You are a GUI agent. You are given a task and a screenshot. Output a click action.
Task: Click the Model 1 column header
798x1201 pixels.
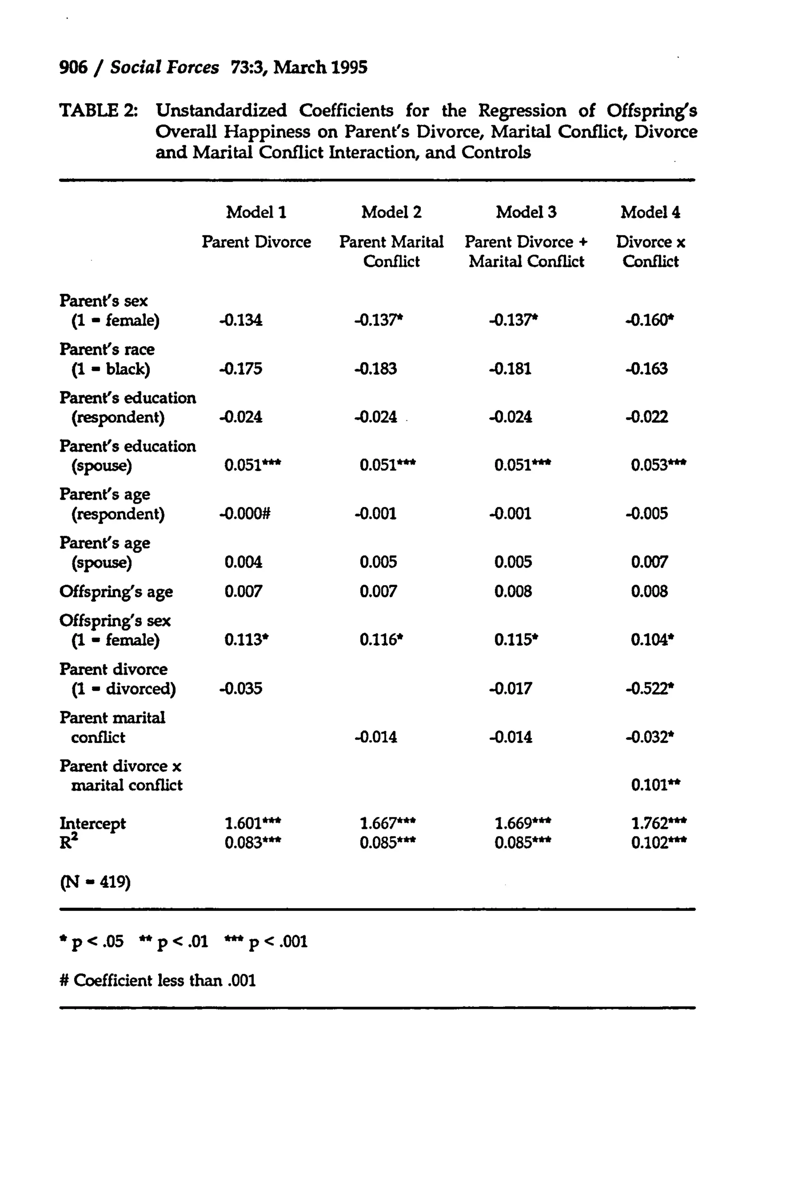click(x=256, y=212)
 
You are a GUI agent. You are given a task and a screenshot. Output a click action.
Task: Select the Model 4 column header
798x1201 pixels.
click(x=650, y=212)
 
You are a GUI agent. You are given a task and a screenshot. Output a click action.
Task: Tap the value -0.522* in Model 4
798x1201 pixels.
click(x=650, y=689)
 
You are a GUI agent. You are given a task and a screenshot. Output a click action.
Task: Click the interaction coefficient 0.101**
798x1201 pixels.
click(x=655, y=785)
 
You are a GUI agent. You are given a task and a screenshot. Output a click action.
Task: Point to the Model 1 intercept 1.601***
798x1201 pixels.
click(x=252, y=823)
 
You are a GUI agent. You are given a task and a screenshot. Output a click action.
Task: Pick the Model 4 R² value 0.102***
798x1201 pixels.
click(x=658, y=843)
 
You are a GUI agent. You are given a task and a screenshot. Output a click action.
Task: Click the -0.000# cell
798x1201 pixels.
click(x=245, y=514)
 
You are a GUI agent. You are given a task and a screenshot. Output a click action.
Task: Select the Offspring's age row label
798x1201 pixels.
click(x=116, y=592)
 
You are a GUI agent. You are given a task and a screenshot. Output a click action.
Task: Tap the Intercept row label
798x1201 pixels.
click(x=93, y=824)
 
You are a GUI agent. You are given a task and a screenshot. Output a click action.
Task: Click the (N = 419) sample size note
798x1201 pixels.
click(x=95, y=882)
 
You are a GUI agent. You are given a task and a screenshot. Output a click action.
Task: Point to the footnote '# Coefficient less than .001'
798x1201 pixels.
click(x=157, y=980)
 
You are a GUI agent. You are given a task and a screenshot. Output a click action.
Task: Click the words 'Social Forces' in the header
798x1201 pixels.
click(x=164, y=68)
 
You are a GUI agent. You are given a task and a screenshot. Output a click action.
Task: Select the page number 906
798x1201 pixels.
click(x=73, y=68)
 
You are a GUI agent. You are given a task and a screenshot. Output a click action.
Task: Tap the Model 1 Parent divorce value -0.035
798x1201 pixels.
click(x=241, y=689)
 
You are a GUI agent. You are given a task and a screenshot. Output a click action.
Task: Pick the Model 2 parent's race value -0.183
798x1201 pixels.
click(x=376, y=369)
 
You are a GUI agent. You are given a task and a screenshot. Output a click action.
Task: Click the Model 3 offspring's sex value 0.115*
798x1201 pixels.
click(x=516, y=640)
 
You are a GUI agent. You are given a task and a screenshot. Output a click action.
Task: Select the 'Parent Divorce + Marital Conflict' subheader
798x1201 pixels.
click(x=526, y=251)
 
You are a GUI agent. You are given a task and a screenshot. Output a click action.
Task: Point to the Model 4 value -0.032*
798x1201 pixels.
click(x=650, y=737)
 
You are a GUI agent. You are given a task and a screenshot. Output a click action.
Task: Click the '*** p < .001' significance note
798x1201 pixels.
click(x=266, y=942)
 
